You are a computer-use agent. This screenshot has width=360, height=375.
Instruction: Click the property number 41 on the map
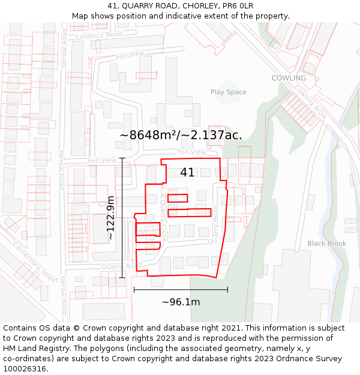tap(187, 173)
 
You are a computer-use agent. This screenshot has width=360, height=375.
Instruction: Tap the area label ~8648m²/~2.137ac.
tap(181, 135)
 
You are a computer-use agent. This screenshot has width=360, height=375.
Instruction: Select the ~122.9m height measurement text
tap(111, 218)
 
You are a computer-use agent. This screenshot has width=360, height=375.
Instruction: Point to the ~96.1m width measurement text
tap(181, 302)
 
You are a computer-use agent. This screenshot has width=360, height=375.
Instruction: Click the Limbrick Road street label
tap(99, 35)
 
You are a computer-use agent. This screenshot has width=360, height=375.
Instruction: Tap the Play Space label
tap(228, 92)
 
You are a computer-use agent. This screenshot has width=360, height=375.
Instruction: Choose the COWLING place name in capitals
tap(289, 78)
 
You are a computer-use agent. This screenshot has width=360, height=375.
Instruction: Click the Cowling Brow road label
tap(311, 100)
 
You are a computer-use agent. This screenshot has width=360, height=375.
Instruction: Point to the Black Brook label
tap(327, 244)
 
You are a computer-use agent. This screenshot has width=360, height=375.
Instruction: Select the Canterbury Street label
tap(35, 262)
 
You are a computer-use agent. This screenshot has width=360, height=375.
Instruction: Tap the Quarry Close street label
tap(163, 218)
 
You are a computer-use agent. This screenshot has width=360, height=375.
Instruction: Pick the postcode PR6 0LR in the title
tap(238, 6)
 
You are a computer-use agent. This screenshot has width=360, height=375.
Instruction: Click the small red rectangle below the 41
tap(178, 198)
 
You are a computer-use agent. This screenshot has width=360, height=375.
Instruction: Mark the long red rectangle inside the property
tap(190, 212)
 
